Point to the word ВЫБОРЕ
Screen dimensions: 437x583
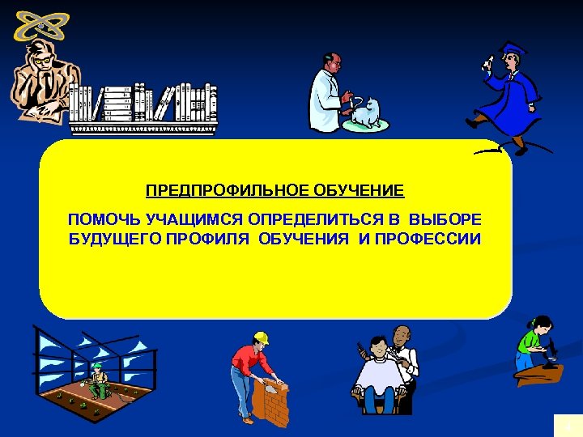pos(445,220)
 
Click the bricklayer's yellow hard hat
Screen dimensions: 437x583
pos(261,337)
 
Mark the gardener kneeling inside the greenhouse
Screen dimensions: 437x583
pos(98,380)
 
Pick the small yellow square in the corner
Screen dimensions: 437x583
pos(567,426)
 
